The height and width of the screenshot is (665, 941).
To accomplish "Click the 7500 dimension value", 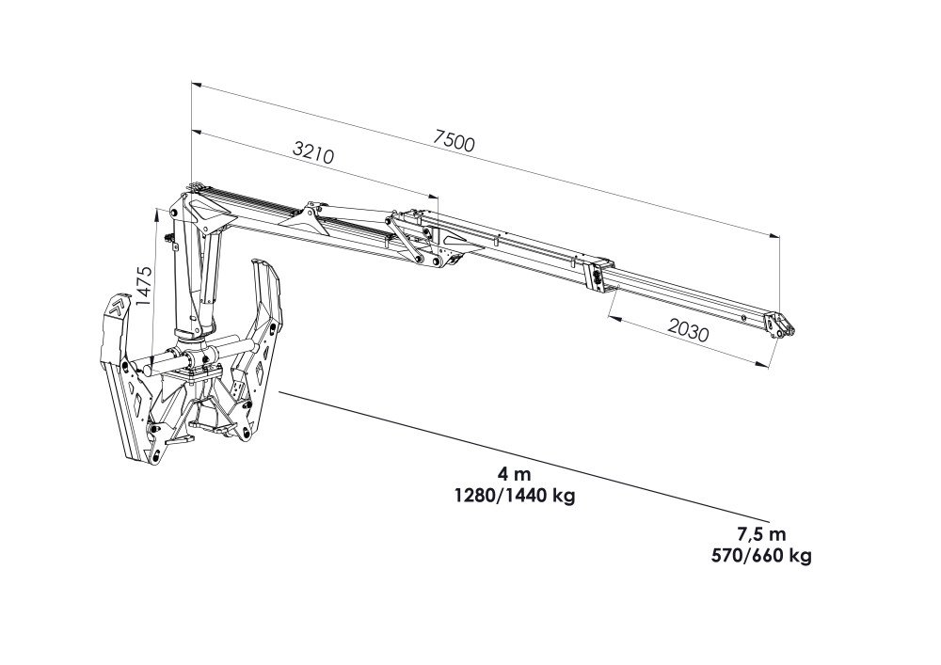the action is point(454,141).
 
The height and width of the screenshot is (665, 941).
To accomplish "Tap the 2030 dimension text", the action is point(688,329).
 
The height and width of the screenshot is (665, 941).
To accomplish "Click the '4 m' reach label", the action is point(515,474).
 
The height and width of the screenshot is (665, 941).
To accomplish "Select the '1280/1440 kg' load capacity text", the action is point(515,497).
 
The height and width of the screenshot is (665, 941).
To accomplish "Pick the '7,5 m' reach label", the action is point(761,533).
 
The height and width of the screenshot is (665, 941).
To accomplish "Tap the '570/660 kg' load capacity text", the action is point(761,556).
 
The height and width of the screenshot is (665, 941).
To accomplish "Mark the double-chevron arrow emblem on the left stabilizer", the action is point(119,307).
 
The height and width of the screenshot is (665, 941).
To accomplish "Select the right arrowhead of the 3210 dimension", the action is point(433,197).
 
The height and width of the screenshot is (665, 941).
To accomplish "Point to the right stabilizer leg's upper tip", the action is point(260,261).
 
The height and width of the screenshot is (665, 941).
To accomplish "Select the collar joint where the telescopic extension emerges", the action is point(599,276).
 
